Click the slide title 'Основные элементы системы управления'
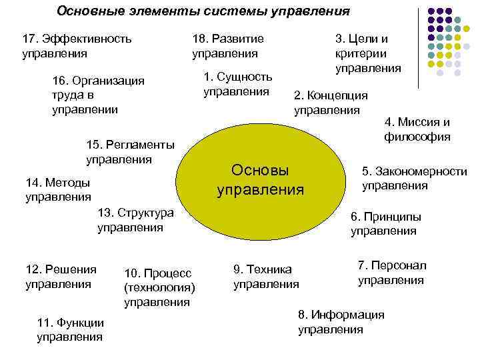tap(203, 11)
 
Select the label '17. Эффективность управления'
tap(77, 45)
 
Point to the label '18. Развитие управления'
tap(227, 45)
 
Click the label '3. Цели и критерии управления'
tap(367, 53)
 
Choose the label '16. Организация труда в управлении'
tap(98, 95)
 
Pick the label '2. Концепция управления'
tap(331, 103)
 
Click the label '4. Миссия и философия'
tap(417, 130)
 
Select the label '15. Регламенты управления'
tap(131, 152)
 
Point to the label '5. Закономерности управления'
tap(414, 179)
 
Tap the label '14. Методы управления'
tap(58, 189)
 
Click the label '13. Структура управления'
tap(135, 220)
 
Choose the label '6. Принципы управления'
tap(386, 224)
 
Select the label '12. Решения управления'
tap(61, 277)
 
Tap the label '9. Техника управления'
tap(266, 277)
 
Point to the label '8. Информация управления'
tap(341, 322)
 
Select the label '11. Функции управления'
tap(71, 329)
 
